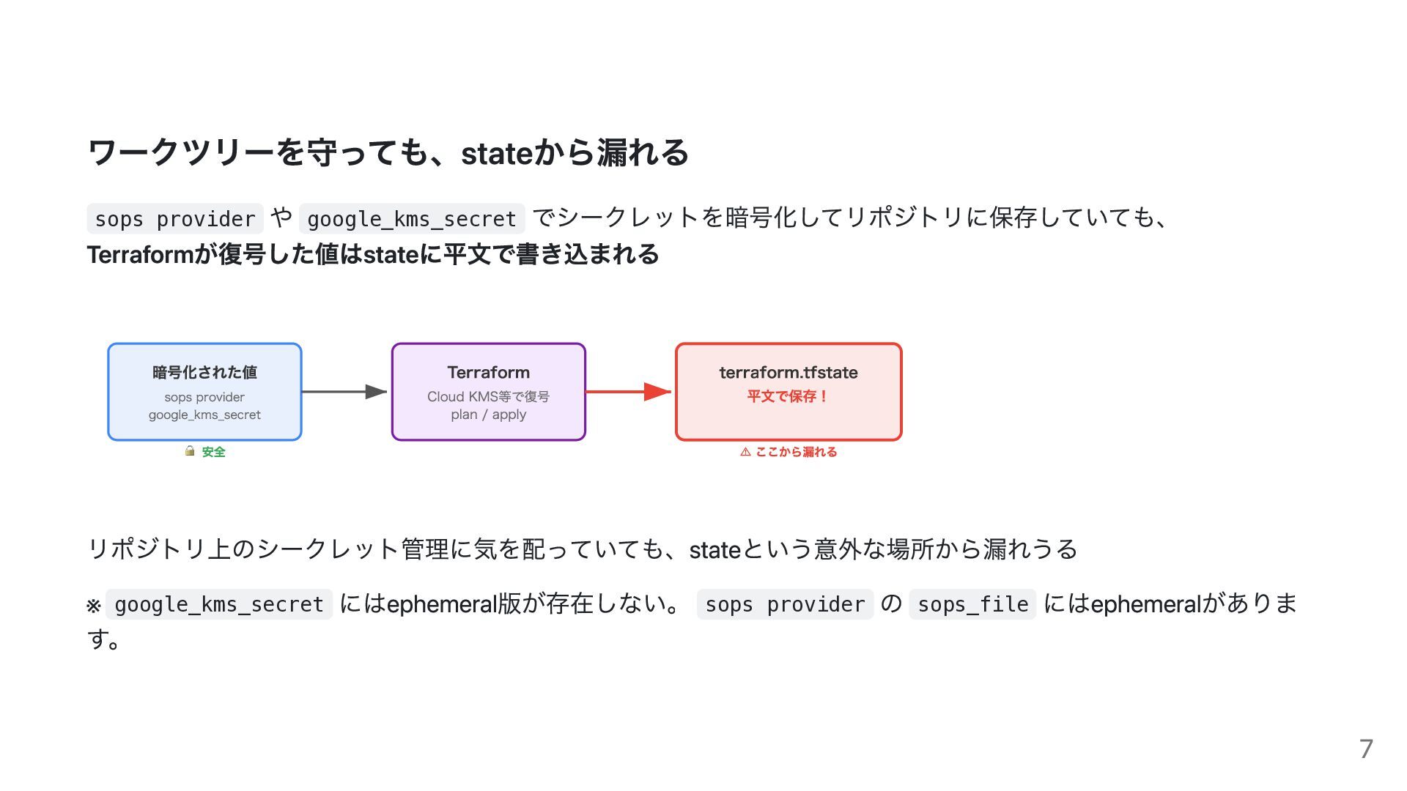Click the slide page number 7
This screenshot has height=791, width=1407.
pos(1365,749)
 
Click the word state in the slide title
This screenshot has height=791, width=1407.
pos(495,153)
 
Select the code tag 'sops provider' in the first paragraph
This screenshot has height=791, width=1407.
pos(175,219)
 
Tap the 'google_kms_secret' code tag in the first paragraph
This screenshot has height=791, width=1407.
pos(411,219)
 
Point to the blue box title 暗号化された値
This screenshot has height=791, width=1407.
pos(204,372)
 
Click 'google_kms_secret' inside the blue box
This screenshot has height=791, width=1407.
pos(204,415)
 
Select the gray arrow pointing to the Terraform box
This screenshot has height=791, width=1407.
pos(344,392)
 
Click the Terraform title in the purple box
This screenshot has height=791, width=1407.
pos(488,372)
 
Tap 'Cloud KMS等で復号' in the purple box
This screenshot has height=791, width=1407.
pos(488,396)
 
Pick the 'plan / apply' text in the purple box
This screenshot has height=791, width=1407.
pos(488,415)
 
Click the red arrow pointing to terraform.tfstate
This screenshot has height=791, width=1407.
pos(629,392)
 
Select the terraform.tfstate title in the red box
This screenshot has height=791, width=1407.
pos(789,372)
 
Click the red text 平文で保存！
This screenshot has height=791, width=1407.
pos(789,396)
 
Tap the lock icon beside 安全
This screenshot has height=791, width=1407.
pos(190,451)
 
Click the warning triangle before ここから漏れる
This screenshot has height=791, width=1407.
pos(745,452)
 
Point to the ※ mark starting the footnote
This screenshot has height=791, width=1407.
pos(93,606)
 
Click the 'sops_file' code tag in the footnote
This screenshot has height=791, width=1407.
pos(972,604)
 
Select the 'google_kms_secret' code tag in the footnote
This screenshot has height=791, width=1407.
pos(219,604)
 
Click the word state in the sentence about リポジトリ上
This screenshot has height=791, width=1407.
pos(714,549)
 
